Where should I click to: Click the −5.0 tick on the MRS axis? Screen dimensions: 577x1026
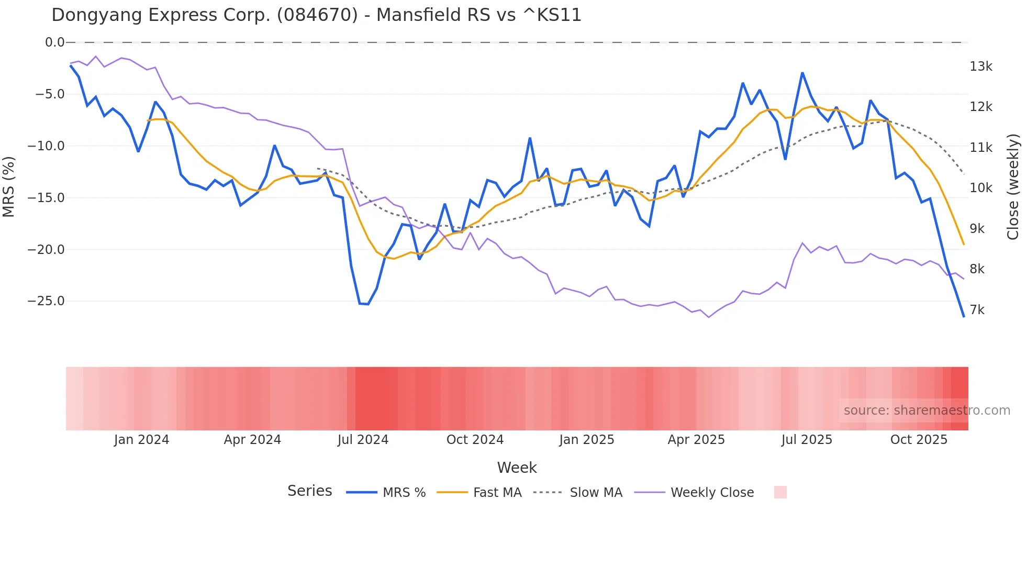point(50,94)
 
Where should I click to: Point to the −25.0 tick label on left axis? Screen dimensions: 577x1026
point(47,301)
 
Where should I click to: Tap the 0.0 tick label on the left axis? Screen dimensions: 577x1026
point(54,42)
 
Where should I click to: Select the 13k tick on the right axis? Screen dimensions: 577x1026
point(980,66)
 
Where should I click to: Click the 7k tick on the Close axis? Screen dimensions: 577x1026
point(977,310)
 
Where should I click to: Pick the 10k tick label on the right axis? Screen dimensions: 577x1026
point(980,188)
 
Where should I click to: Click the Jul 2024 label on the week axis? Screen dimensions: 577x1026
point(363,440)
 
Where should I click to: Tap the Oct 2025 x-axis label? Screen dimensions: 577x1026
point(919,440)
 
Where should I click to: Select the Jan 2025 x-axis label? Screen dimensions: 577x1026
point(586,440)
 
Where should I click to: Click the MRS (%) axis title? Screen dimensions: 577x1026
point(9,187)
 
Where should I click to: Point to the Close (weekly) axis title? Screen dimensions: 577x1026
point(1013,187)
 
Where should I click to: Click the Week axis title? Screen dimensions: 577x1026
point(517,468)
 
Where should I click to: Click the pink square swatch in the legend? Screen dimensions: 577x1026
point(780,492)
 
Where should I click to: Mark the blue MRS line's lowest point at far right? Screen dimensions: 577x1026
point(963,316)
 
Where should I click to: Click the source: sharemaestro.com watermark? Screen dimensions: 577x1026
point(927,410)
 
